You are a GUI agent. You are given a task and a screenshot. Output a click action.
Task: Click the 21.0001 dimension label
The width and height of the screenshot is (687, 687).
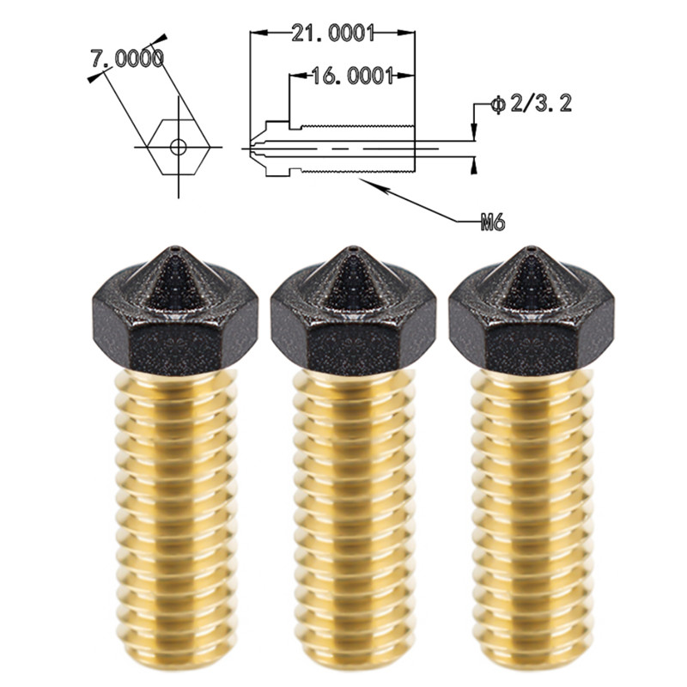[x=332, y=33]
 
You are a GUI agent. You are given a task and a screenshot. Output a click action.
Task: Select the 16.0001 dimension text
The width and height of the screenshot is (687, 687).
[x=352, y=76]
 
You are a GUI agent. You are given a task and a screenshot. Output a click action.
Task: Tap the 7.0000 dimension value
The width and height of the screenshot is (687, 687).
[x=127, y=58]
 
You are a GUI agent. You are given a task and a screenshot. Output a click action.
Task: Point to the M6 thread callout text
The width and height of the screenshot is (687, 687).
[x=492, y=223]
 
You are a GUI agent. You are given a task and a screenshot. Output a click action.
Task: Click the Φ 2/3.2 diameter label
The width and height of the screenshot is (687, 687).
[x=531, y=104]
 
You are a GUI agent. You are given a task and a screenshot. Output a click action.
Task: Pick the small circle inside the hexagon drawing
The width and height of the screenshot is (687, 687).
[x=179, y=147]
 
